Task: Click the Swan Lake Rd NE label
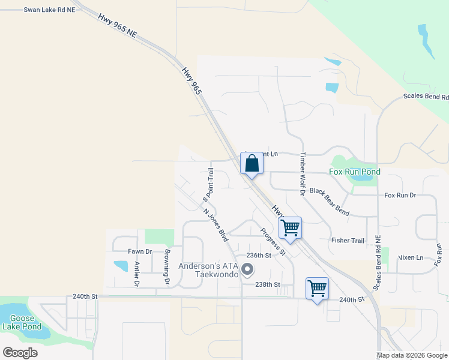tap(50, 10)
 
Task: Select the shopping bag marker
tap(252, 163)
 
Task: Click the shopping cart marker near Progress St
tap(290, 228)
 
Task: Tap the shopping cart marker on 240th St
tap(317, 289)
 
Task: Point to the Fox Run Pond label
tap(355, 172)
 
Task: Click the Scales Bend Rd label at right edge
tap(426, 97)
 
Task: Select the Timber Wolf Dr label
tap(303, 169)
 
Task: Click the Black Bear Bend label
tap(329, 193)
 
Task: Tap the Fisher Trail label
tap(348, 241)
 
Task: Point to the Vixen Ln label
tap(411, 257)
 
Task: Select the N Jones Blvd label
tap(216, 225)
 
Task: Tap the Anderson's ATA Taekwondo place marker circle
tap(246, 271)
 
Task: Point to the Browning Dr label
tap(167, 266)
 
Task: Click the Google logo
tap(20, 352)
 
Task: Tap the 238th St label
tap(268, 284)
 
